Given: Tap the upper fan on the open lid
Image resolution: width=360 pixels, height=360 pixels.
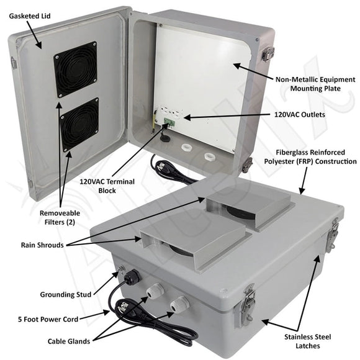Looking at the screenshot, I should click(x=75, y=69).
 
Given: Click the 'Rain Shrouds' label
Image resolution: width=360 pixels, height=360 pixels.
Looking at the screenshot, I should click(x=42, y=245).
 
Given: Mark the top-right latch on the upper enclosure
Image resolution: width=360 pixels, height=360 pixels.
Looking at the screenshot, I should click(x=268, y=54).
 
